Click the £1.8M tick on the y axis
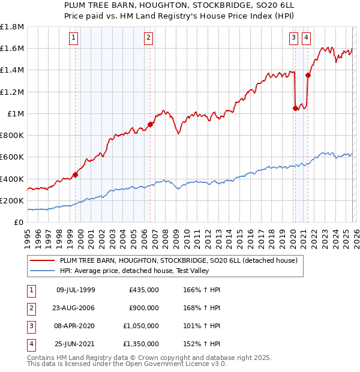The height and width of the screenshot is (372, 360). [12, 27]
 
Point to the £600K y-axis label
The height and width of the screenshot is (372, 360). [12, 157]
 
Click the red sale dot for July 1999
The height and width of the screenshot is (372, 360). [76, 175]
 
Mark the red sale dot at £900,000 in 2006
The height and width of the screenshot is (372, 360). [150, 124]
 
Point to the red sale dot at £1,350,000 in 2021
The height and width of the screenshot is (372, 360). [308, 75]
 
